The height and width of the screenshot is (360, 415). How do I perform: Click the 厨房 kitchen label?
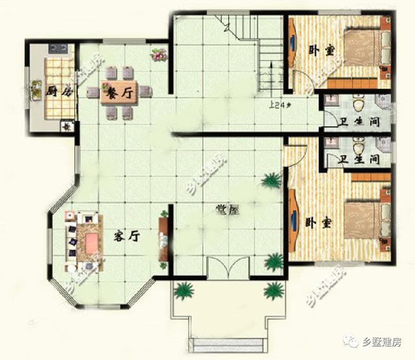[x=58, y=91]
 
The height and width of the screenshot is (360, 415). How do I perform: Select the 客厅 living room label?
[x=128, y=237]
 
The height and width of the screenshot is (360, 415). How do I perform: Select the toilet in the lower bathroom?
[x=358, y=143]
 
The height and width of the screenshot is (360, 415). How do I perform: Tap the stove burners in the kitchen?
[x=57, y=48]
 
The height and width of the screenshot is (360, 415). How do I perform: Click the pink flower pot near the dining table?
[x=158, y=54]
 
